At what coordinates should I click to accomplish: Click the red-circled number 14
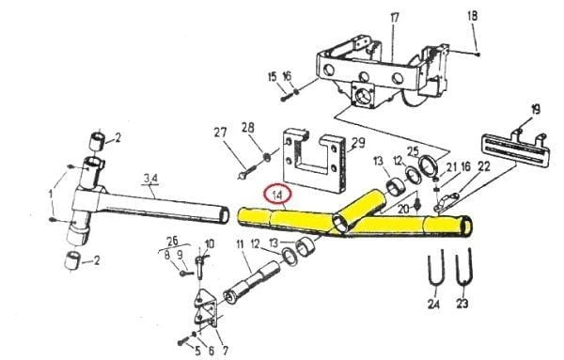click(277, 195)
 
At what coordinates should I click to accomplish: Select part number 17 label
click(395, 18)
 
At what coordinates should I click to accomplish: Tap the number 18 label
click(472, 16)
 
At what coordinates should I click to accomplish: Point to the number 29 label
click(358, 143)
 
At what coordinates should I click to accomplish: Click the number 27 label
click(220, 133)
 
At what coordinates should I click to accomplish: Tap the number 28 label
click(248, 128)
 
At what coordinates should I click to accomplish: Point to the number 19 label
click(536, 109)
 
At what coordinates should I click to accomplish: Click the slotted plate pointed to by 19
click(515, 150)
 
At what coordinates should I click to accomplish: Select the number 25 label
click(413, 151)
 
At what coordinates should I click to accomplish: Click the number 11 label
click(241, 244)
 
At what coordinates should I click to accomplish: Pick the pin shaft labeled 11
click(252, 283)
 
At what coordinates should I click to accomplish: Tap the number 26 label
click(172, 241)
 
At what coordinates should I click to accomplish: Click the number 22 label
click(483, 166)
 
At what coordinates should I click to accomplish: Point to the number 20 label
click(404, 209)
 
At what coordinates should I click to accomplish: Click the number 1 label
click(51, 195)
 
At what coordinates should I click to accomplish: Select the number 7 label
click(226, 350)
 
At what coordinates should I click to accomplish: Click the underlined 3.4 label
click(150, 178)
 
